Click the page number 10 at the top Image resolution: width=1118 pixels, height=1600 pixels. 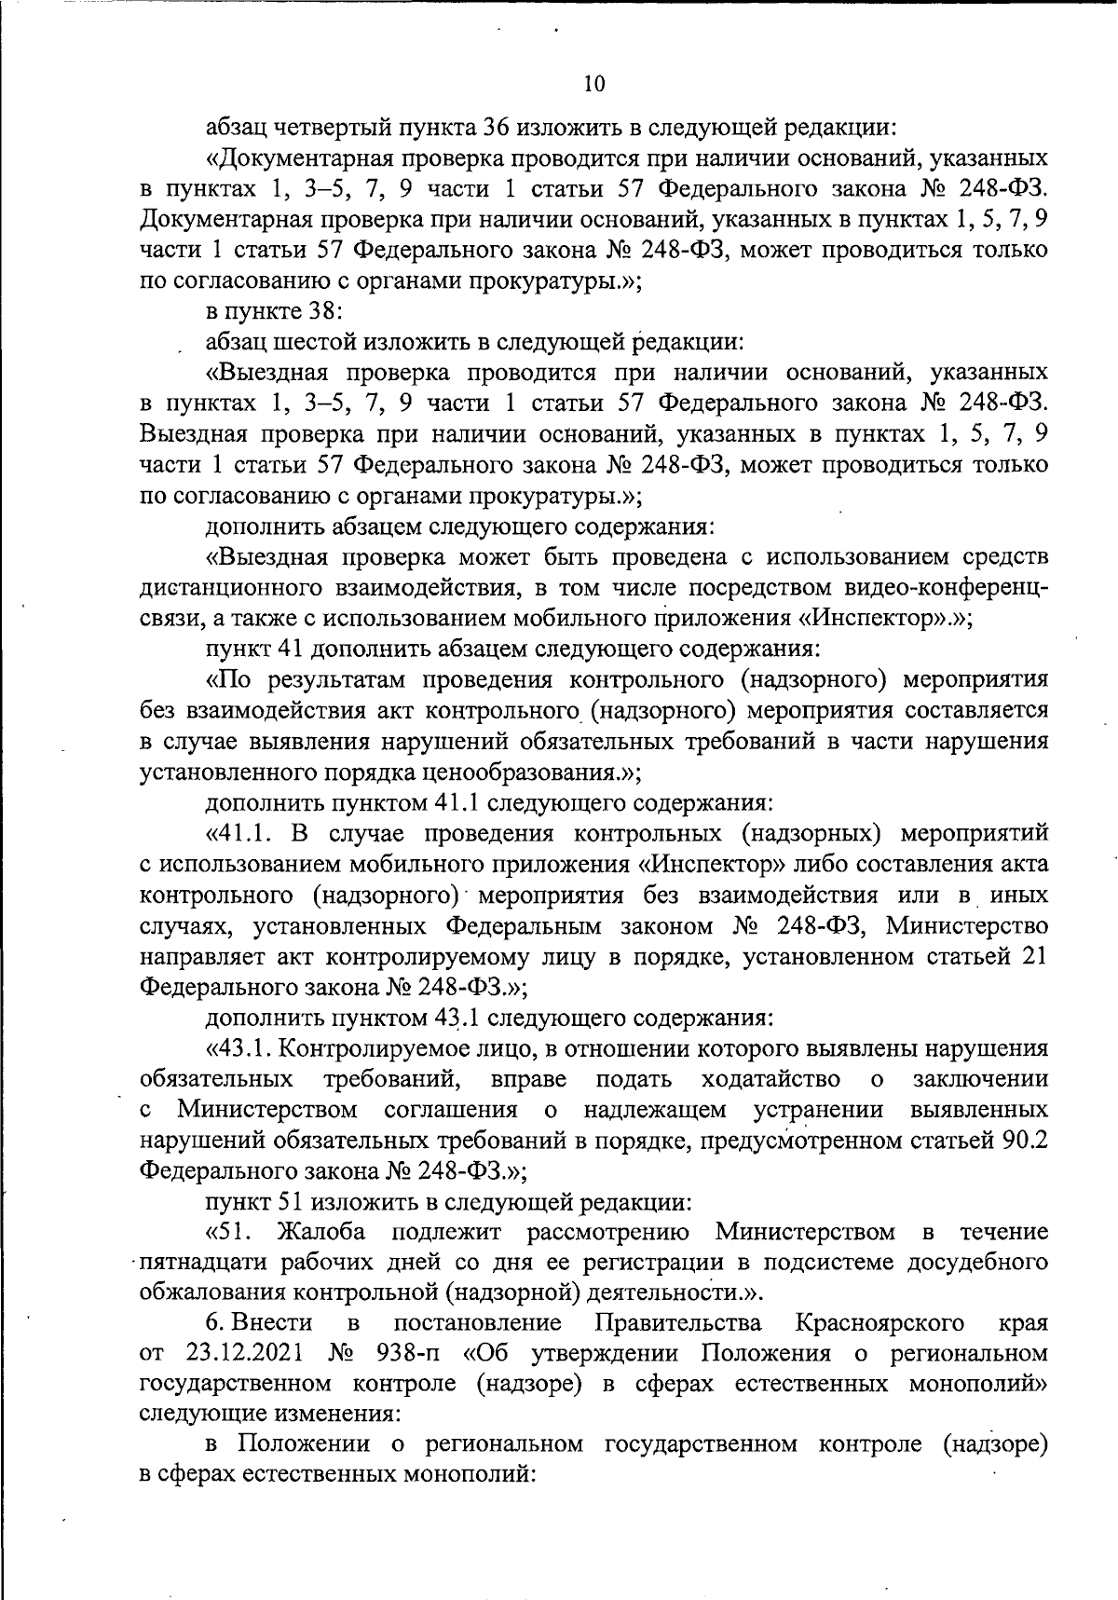click(593, 84)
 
